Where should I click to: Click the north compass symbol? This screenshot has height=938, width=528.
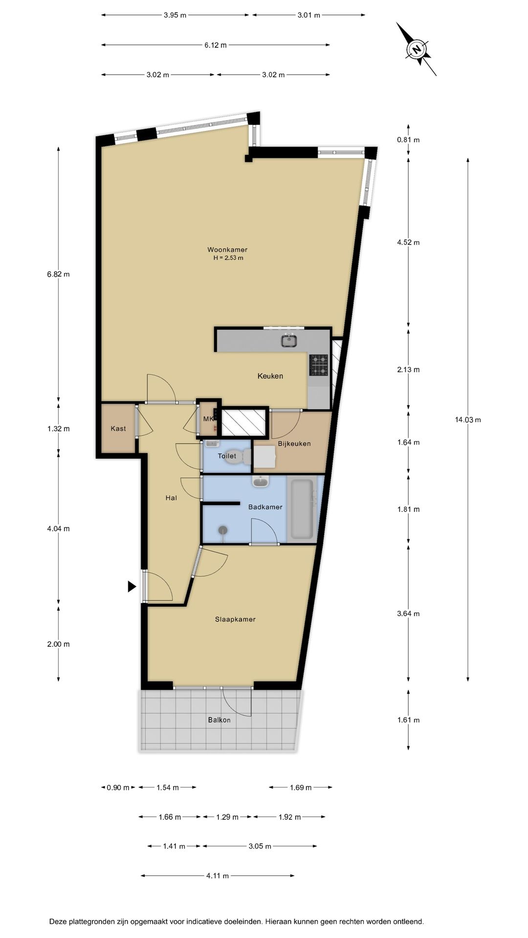417,49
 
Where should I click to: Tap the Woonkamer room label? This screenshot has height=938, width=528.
227,250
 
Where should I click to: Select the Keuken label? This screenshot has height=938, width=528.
270,376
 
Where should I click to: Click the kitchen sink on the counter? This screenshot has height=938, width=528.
289,340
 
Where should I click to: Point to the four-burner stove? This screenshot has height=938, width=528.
319,365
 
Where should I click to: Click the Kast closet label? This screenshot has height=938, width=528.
118,428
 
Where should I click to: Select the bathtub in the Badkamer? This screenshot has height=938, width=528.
302,510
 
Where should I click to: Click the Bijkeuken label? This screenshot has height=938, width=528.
294,444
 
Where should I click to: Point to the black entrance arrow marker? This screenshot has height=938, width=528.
132,586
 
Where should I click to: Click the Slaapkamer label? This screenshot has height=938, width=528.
235,619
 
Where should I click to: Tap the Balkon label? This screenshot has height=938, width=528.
219,720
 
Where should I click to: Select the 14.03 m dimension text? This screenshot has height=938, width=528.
468,419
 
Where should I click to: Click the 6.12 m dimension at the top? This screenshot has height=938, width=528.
216,45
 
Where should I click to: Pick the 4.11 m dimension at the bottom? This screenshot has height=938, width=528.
218,875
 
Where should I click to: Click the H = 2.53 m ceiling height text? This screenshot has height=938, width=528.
228,257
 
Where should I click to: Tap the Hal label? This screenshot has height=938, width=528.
171,498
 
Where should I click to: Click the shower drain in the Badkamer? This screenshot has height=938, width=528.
223,530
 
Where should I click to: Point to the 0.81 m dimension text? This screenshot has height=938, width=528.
408,140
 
